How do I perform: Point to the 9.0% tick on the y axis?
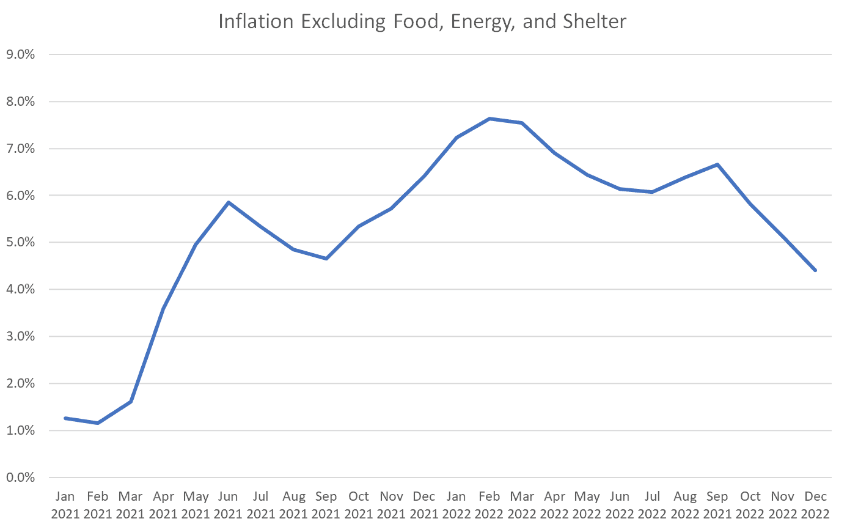21,54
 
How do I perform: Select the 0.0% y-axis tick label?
21,477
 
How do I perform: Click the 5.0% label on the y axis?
21,243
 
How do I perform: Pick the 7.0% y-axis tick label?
21,149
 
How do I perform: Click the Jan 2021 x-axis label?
65,505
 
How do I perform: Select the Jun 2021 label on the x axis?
228,505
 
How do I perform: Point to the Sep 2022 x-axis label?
717,505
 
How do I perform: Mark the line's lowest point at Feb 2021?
98,423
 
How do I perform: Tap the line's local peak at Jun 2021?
228,202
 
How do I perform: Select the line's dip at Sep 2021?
326,259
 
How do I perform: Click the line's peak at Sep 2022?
717,164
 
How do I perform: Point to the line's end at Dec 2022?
815,270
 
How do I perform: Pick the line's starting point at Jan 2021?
65,418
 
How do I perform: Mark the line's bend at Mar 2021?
131,402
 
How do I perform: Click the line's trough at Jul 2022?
652,192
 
